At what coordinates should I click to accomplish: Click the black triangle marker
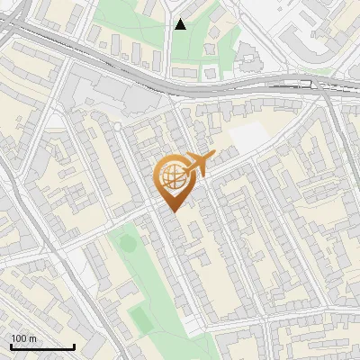180,24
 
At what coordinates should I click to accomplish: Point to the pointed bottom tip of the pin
171,211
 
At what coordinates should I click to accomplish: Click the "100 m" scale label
23,338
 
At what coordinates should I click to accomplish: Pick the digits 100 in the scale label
19,338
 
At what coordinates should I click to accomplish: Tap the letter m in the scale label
33,338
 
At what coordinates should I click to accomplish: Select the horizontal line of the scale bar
41,347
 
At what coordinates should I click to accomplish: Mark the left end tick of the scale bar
10,346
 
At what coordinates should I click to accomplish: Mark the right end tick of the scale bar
74,346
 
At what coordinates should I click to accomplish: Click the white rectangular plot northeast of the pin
248,136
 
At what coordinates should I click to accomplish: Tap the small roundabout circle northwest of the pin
116,127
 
